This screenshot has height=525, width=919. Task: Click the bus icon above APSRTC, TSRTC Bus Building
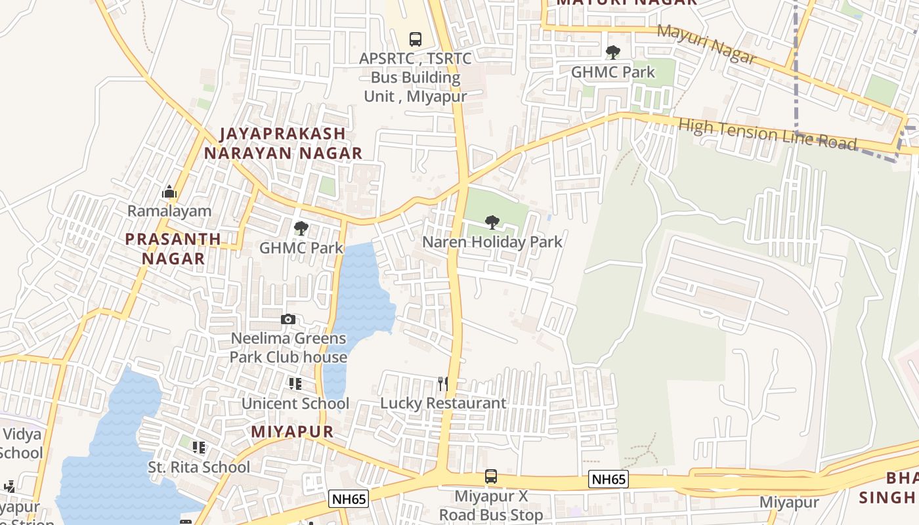click(415, 39)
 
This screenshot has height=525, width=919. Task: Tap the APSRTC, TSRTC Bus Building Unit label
click(416, 77)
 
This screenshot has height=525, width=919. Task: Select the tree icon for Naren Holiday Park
click(492, 222)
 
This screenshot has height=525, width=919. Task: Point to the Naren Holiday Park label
click(492, 242)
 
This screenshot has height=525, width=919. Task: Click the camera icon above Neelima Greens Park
click(288, 320)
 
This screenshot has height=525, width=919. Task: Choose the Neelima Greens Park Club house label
click(288, 348)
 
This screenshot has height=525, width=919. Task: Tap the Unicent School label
click(295, 404)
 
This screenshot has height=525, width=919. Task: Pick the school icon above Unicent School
click(295, 384)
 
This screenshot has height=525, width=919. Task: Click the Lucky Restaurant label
click(443, 403)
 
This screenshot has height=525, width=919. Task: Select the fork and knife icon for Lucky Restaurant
click(443, 384)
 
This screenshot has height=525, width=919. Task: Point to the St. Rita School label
click(199, 467)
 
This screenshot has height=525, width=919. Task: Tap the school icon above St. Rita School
click(199, 448)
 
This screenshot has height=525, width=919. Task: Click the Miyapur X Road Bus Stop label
click(491, 505)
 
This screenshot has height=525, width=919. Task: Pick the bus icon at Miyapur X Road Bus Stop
click(491, 476)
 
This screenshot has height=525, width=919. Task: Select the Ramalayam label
click(169, 211)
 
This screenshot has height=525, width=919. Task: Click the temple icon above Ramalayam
click(169, 192)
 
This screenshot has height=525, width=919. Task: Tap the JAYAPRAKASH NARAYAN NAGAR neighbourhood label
click(283, 143)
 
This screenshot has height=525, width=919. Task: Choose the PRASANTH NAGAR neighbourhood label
click(173, 248)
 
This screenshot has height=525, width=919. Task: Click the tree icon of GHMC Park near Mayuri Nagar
click(613, 52)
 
